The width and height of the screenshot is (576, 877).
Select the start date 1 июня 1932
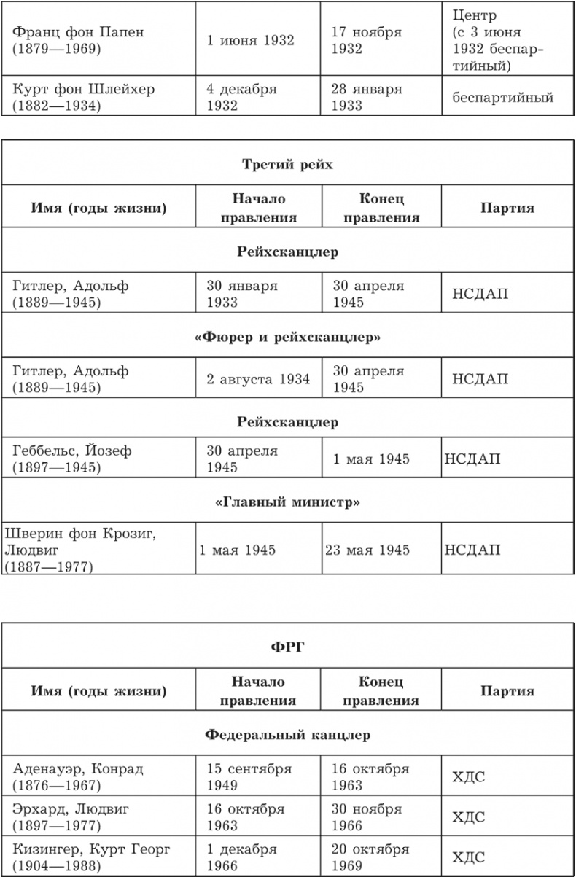click(x=250, y=40)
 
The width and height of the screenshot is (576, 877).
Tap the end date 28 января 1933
click(x=367, y=97)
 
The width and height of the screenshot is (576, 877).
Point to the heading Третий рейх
click(x=287, y=165)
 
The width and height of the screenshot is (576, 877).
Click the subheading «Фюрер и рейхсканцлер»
click(x=287, y=338)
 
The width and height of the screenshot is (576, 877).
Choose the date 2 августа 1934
click(x=258, y=379)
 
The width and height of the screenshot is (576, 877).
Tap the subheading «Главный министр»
click(x=287, y=502)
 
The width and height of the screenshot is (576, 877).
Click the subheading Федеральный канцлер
click(x=287, y=735)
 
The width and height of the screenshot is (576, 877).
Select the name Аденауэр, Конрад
click(x=78, y=778)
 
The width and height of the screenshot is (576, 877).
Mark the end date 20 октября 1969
click(x=370, y=858)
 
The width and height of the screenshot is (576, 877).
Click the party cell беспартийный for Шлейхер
click(x=502, y=97)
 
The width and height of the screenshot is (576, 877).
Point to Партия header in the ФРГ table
click(x=507, y=692)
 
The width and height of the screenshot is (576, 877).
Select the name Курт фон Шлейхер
click(x=83, y=97)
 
